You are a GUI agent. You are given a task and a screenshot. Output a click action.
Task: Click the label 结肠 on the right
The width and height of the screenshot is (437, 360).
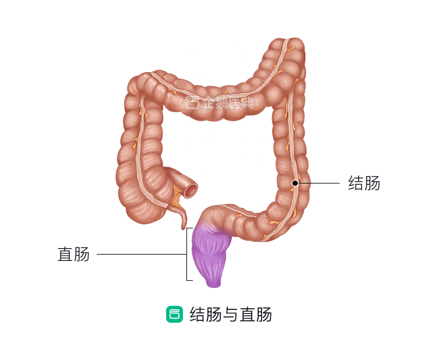(364, 183)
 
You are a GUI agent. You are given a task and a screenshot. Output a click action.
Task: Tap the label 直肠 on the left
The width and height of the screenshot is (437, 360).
(73, 254)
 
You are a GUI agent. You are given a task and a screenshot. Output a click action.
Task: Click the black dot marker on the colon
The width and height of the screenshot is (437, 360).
(295, 183)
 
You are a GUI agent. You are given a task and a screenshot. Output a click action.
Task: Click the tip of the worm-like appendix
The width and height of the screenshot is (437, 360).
(184, 228)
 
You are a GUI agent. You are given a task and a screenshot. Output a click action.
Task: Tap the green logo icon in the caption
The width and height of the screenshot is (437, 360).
(174, 315)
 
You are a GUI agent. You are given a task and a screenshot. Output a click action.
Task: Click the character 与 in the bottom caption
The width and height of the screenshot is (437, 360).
(230, 315)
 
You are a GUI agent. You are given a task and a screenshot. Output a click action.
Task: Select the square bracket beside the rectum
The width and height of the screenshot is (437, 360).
(187, 254)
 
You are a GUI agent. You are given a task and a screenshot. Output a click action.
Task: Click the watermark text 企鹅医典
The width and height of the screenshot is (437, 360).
(228, 103)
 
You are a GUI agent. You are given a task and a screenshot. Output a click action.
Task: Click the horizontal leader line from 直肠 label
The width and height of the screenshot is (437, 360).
(142, 254)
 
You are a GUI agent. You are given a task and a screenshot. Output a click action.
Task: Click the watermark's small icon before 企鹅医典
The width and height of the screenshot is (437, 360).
(193, 103)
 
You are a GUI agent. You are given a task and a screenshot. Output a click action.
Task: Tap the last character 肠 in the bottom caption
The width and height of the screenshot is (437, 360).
(263, 315)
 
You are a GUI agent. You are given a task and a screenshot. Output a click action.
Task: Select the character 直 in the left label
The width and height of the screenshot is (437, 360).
(65, 254)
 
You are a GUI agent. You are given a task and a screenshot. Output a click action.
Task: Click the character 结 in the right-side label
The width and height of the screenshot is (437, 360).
(356, 183)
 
